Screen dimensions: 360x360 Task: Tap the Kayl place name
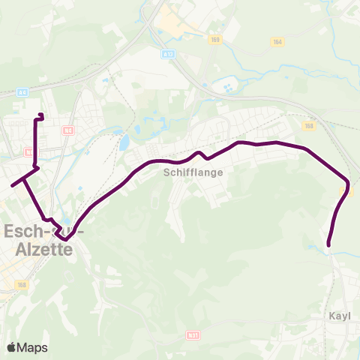[340, 316]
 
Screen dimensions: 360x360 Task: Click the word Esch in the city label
[20, 231]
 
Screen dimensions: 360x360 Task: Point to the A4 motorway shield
[22, 92]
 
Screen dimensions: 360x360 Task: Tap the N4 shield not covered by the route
[68, 130]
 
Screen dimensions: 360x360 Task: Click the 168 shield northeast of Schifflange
[308, 126]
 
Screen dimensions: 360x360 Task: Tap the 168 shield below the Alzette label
[22, 285]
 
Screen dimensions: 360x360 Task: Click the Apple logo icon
[11, 347]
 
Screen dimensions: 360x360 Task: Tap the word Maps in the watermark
[32, 347]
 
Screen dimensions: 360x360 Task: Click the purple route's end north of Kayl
[329, 244]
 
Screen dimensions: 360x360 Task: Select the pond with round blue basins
[227, 89]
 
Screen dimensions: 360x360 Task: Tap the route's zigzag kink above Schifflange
[201, 154]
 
